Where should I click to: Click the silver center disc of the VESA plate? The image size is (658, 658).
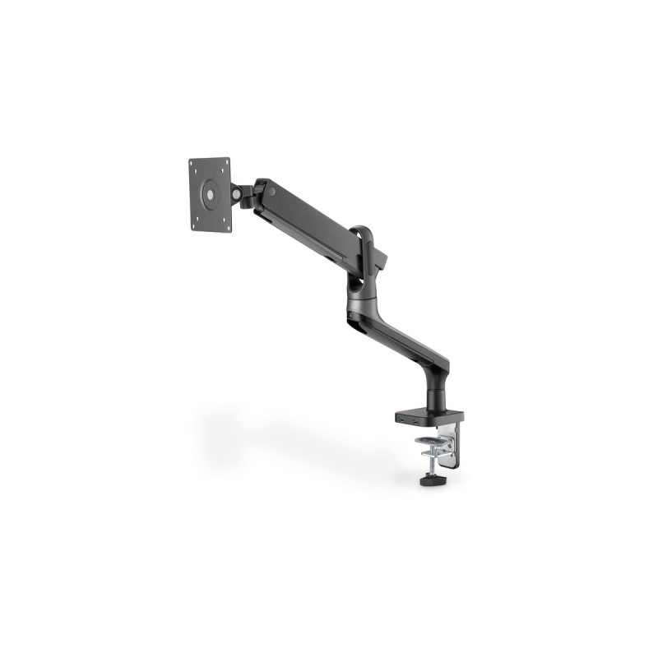(x=210, y=195)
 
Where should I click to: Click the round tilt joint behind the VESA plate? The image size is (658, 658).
(x=239, y=194)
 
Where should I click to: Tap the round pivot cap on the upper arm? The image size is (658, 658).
(x=271, y=192)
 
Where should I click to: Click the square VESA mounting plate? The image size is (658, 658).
(x=210, y=195)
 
